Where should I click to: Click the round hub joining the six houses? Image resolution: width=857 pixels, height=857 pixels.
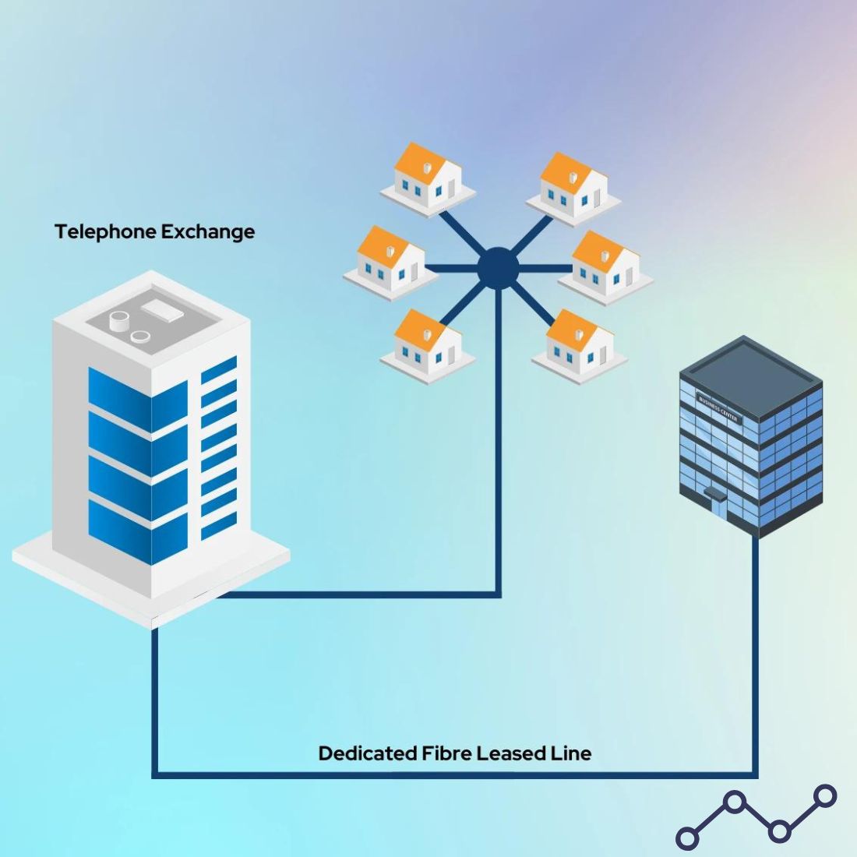(x=498, y=267)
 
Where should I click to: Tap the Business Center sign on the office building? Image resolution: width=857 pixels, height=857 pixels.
(x=718, y=408)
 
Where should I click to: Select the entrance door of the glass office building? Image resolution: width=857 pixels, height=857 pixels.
(x=713, y=499)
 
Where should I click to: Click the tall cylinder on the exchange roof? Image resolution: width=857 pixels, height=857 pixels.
(x=119, y=321)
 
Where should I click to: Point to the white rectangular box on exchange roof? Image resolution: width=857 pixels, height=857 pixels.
(x=162, y=310)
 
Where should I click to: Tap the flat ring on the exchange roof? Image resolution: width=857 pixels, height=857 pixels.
(x=141, y=337)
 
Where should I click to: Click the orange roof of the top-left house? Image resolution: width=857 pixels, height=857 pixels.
(x=418, y=160)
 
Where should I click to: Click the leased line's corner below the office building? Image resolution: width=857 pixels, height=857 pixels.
(x=754, y=774)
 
